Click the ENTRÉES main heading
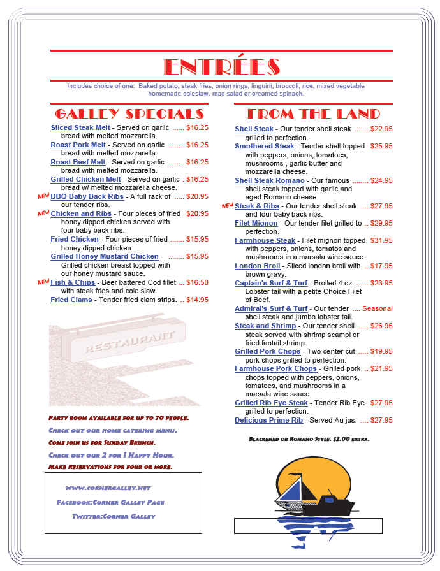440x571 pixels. tap(221, 67)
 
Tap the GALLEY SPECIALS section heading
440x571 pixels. tap(129, 114)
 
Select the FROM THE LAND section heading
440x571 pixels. tap(313, 114)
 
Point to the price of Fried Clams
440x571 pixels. tap(197, 300)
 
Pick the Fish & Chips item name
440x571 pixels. tap(73, 282)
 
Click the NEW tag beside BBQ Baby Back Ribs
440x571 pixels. tap(43, 196)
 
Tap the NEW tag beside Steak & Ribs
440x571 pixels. tap(228, 206)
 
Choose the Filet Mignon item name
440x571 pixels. tap(256, 224)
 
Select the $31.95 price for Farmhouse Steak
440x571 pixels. tap(381, 240)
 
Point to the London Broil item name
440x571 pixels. tap(258, 266)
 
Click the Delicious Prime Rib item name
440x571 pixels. tap(268, 421)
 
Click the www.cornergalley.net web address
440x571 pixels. tap(108, 488)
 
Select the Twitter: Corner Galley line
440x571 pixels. tap(114, 516)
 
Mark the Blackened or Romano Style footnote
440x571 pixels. tap(309, 439)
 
